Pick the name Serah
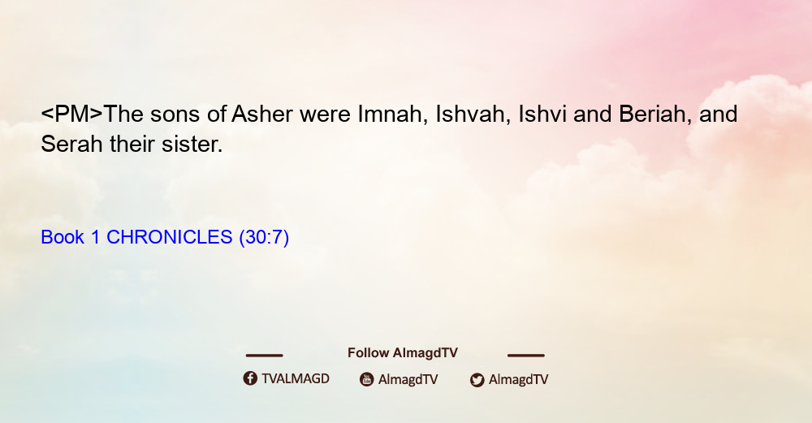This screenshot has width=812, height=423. [x=72, y=144]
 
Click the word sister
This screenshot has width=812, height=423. [x=192, y=144]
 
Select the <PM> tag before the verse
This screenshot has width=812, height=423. [x=72, y=114]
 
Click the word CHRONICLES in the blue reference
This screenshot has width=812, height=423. [x=170, y=237]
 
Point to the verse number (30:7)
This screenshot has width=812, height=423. [x=264, y=237]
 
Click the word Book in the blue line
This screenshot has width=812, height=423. [x=63, y=237]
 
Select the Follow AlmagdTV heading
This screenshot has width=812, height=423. [x=403, y=353]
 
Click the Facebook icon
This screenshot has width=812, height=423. [x=250, y=378]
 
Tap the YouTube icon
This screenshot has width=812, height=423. [x=367, y=379]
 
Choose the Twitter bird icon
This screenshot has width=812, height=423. [x=477, y=380]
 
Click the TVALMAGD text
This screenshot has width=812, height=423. [x=296, y=379]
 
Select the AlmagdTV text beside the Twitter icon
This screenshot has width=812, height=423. [x=518, y=380]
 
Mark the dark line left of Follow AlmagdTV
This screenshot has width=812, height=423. [x=264, y=356]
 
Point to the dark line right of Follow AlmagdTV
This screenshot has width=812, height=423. [x=526, y=356]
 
